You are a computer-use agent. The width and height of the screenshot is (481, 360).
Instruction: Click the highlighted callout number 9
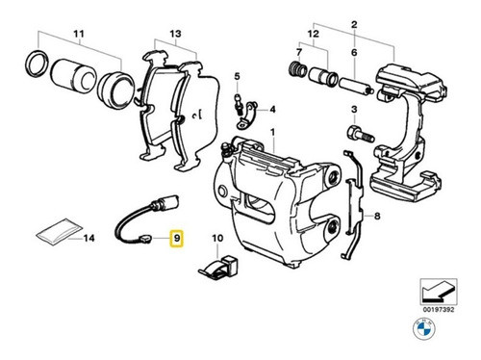click(177, 236)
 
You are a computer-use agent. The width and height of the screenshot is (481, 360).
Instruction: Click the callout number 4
click(272, 111)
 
